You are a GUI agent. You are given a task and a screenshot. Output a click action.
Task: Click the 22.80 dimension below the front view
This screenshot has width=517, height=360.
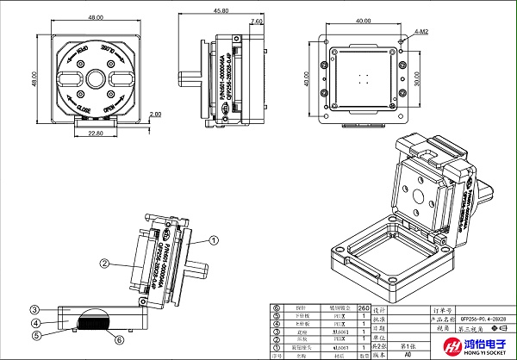(x=95, y=133)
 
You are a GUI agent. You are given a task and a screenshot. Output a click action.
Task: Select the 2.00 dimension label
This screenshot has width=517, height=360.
(x=155, y=114)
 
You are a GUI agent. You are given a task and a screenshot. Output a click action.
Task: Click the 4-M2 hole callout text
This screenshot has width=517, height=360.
(x=421, y=30)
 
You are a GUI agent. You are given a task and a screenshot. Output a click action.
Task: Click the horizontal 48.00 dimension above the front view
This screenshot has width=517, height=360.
(x=95, y=16)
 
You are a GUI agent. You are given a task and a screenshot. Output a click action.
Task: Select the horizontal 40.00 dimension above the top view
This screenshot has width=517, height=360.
(x=361, y=20)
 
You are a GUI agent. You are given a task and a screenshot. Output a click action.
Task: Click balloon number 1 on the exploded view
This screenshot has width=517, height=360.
(x=209, y=244)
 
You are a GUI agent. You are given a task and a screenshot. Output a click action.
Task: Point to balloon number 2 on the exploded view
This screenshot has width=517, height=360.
(x=103, y=264)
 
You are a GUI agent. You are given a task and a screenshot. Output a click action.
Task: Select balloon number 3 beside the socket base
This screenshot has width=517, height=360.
(x=35, y=308)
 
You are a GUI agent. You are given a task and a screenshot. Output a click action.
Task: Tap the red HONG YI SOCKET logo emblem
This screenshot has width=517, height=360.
(x=453, y=347)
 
